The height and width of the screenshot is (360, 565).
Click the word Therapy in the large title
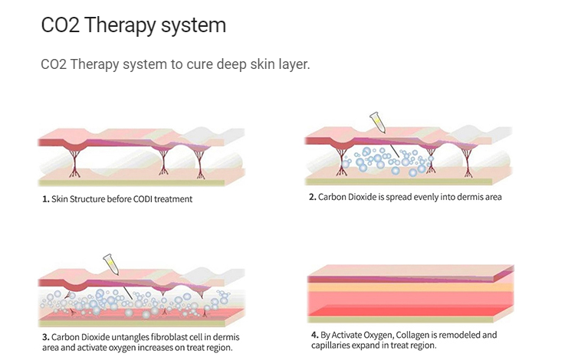[x=120, y=26]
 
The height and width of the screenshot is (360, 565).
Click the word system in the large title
[x=193, y=26]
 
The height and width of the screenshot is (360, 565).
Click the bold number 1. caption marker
[x=46, y=199]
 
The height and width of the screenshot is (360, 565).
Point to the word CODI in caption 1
[x=143, y=199]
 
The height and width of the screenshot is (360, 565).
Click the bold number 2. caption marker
[x=313, y=197]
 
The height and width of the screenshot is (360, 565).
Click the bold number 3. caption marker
[x=46, y=337]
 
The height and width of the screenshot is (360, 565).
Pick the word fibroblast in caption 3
[x=172, y=337]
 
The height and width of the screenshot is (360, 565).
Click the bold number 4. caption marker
[x=315, y=335]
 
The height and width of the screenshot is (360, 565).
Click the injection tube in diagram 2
[x=379, y=123]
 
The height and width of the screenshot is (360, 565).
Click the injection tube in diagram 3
[x=111, y=264]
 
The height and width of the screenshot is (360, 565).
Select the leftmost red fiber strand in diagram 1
[x=74, y=164]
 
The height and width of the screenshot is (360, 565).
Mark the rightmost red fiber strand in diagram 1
[x=200, y=165]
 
